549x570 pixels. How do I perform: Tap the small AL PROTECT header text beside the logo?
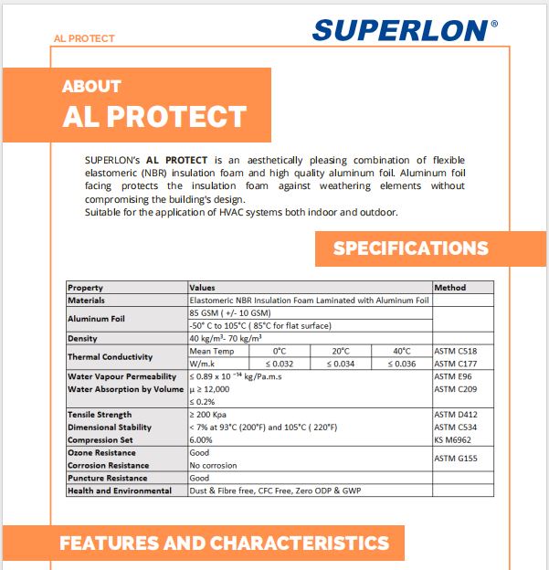(85, 39)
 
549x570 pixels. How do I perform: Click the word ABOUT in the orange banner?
(91, 87)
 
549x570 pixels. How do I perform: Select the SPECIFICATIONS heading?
(410, 248)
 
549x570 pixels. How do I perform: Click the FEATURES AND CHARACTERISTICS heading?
(224, 544)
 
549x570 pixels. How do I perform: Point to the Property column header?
(86, 288)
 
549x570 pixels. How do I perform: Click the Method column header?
(449, 288)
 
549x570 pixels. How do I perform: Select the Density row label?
(83, 338)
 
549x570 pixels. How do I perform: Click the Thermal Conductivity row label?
(110, 357)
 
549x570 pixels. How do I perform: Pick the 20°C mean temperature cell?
(340, 351)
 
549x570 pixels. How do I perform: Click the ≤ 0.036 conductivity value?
(402, 364)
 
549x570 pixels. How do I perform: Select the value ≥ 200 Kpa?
(211, 415)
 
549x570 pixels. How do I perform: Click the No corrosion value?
(213, 466)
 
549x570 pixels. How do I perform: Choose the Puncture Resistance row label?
(108, 478)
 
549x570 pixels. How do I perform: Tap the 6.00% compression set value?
(203, 440)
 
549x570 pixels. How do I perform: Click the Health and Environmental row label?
(120, 491)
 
